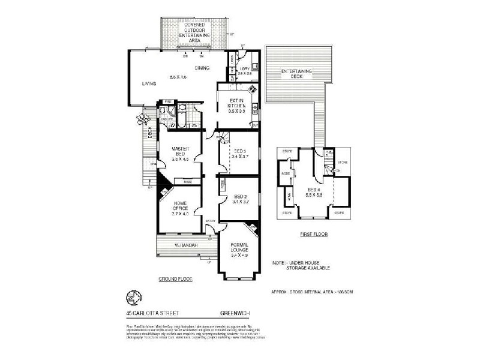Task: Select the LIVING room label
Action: point(149,83)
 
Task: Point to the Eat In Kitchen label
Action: point(236,106)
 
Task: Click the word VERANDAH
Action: point(187,245)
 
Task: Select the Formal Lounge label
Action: point(244,246)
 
